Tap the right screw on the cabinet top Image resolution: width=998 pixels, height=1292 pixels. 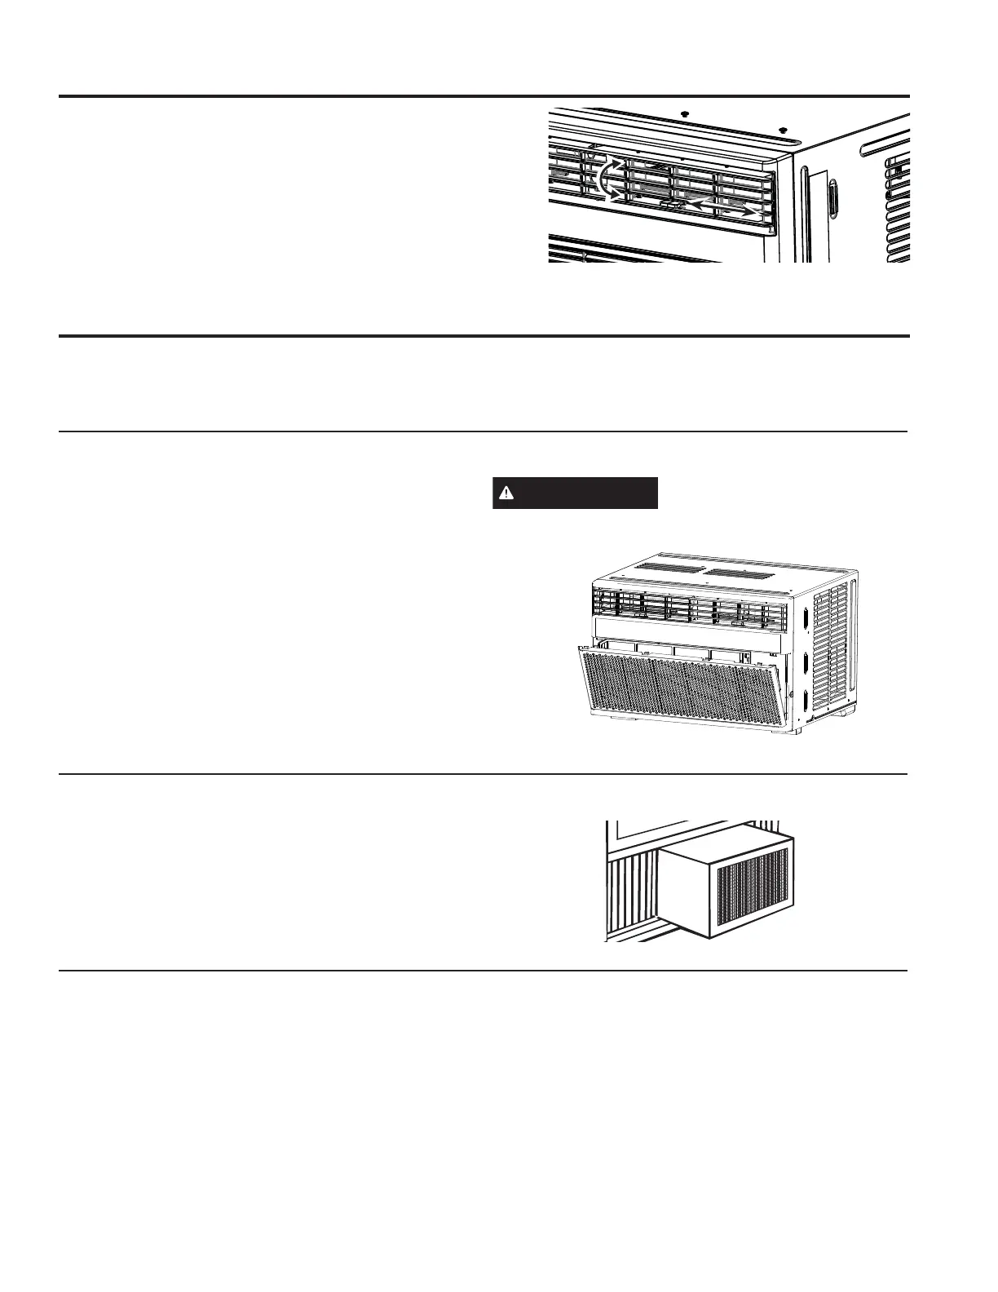[783, 129]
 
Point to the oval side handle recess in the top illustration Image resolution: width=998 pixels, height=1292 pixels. [832, 200]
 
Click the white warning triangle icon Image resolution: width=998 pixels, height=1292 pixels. [506, 493]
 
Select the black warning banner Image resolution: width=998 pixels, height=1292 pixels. [575, 493]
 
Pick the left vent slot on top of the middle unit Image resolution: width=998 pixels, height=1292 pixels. [667, 566]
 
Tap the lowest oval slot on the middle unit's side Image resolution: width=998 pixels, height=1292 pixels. [806, 700]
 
